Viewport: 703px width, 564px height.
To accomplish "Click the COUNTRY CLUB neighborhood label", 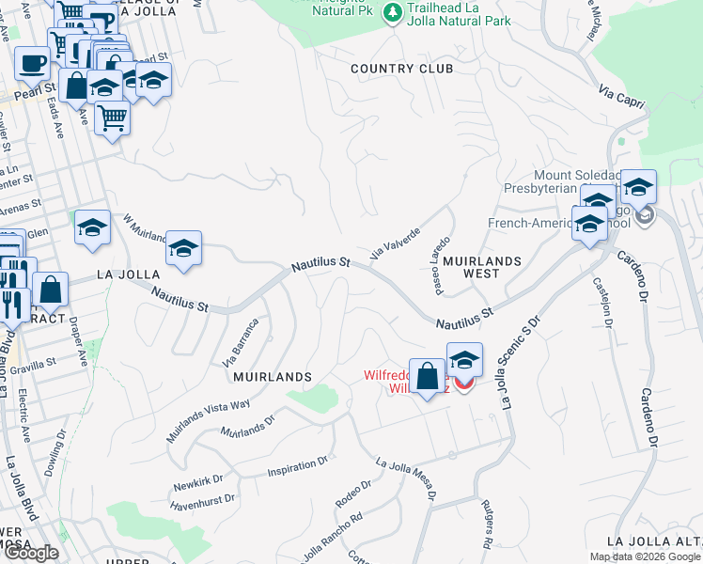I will [x=401, y=69].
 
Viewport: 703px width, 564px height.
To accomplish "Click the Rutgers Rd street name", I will [x=488, y=524].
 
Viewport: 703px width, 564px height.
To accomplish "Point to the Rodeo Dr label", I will [x=353, y=494].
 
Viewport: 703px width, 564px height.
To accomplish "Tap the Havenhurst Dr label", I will [x=204, y=501].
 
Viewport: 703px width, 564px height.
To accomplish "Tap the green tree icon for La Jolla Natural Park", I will [x=394, y=13].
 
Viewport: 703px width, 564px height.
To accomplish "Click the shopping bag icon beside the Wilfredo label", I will [x=428, y=377].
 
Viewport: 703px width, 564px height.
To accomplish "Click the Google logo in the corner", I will [x=31, y=553].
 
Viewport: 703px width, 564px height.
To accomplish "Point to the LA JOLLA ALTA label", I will [x=654, y=541].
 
